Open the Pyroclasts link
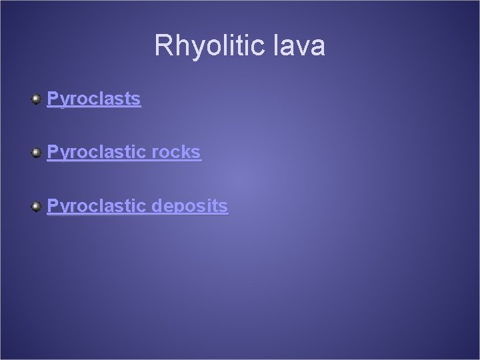point(93,99)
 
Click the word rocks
point(176,153)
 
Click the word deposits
point(190,207)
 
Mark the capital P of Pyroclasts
point(52,99)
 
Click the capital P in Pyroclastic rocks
point(52,153)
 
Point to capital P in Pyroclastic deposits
point(52,207)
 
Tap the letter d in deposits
point(157,207)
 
